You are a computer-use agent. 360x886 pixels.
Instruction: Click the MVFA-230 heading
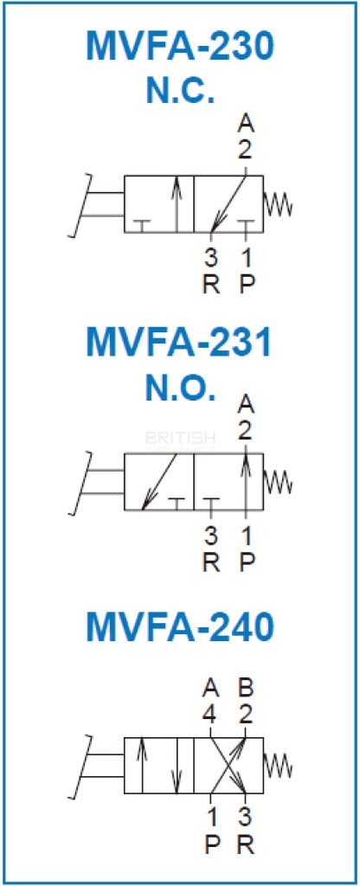(x=180, y=47)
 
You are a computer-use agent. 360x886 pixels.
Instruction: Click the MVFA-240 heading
(x=180, y=626)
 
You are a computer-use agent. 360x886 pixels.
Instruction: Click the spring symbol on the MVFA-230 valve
(x=278, y=204)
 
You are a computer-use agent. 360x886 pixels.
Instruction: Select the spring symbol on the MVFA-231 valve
(x=278, y=481)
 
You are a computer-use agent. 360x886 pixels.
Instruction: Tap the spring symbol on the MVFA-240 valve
(x=278, y=765)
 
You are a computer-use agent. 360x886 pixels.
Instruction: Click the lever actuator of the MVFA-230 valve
(x=96, y=204)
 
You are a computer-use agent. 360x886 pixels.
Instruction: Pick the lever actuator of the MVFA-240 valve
(x=96, y=766)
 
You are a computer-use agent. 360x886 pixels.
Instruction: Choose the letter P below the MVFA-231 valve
(x=247, y=562)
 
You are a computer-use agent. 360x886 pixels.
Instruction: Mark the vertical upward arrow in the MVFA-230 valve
(x=177, y=204)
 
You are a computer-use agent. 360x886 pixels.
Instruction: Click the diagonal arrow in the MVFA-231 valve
(x=159, y=481)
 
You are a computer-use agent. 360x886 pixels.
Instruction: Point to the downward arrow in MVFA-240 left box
(x=177, y=765)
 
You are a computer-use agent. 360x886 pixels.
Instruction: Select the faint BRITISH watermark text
(x=180, y=438)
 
